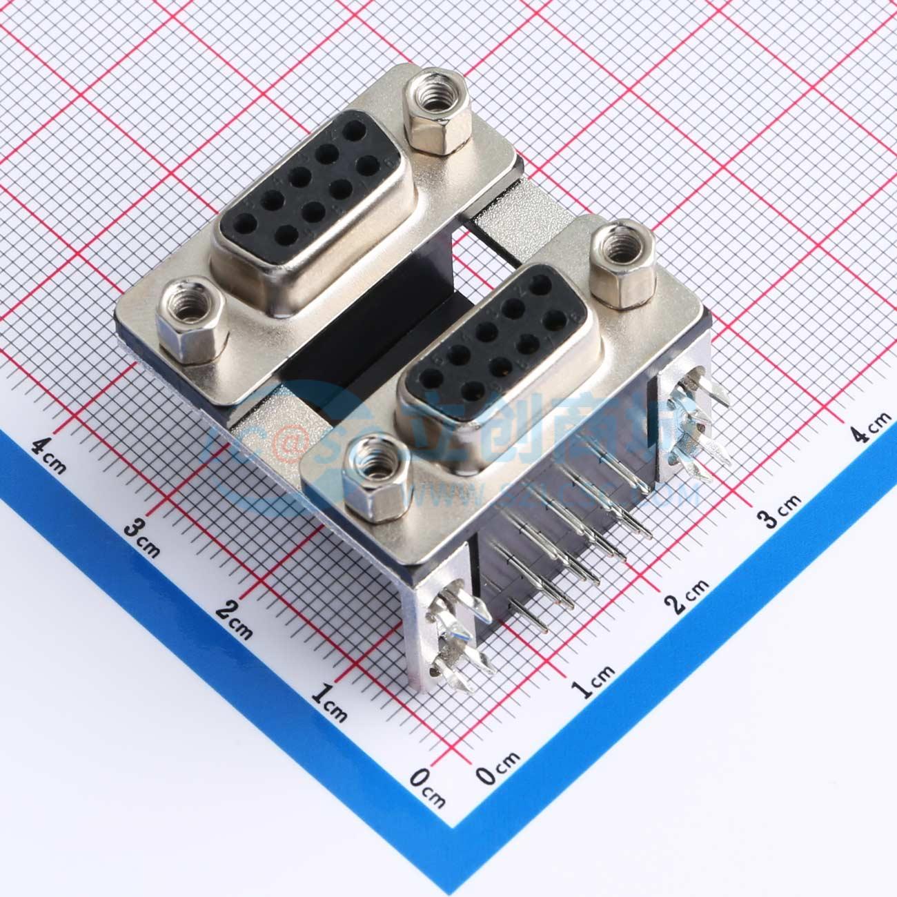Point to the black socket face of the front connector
tap(497, 337)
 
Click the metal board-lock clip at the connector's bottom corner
tap(455, 635)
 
